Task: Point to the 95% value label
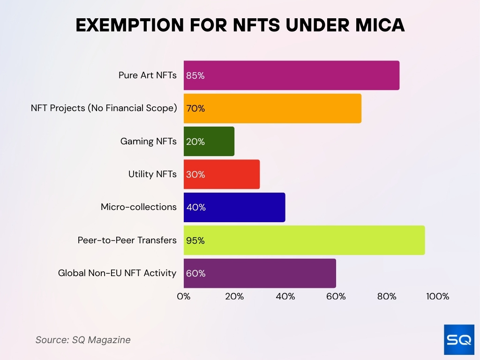(x=195, y=240)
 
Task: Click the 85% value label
(x=195, y=75)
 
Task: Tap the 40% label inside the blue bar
(x=196, y=207)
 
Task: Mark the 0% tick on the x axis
(x=184, y=296)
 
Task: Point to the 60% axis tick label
(x=336, y=296)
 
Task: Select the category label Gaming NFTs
(x=149, y=141)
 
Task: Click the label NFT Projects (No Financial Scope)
(x=104, y=108)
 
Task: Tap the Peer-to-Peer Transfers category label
(x=127, y=240)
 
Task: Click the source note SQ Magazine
(x=83, y=340)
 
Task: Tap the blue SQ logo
(x=459, y=339)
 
